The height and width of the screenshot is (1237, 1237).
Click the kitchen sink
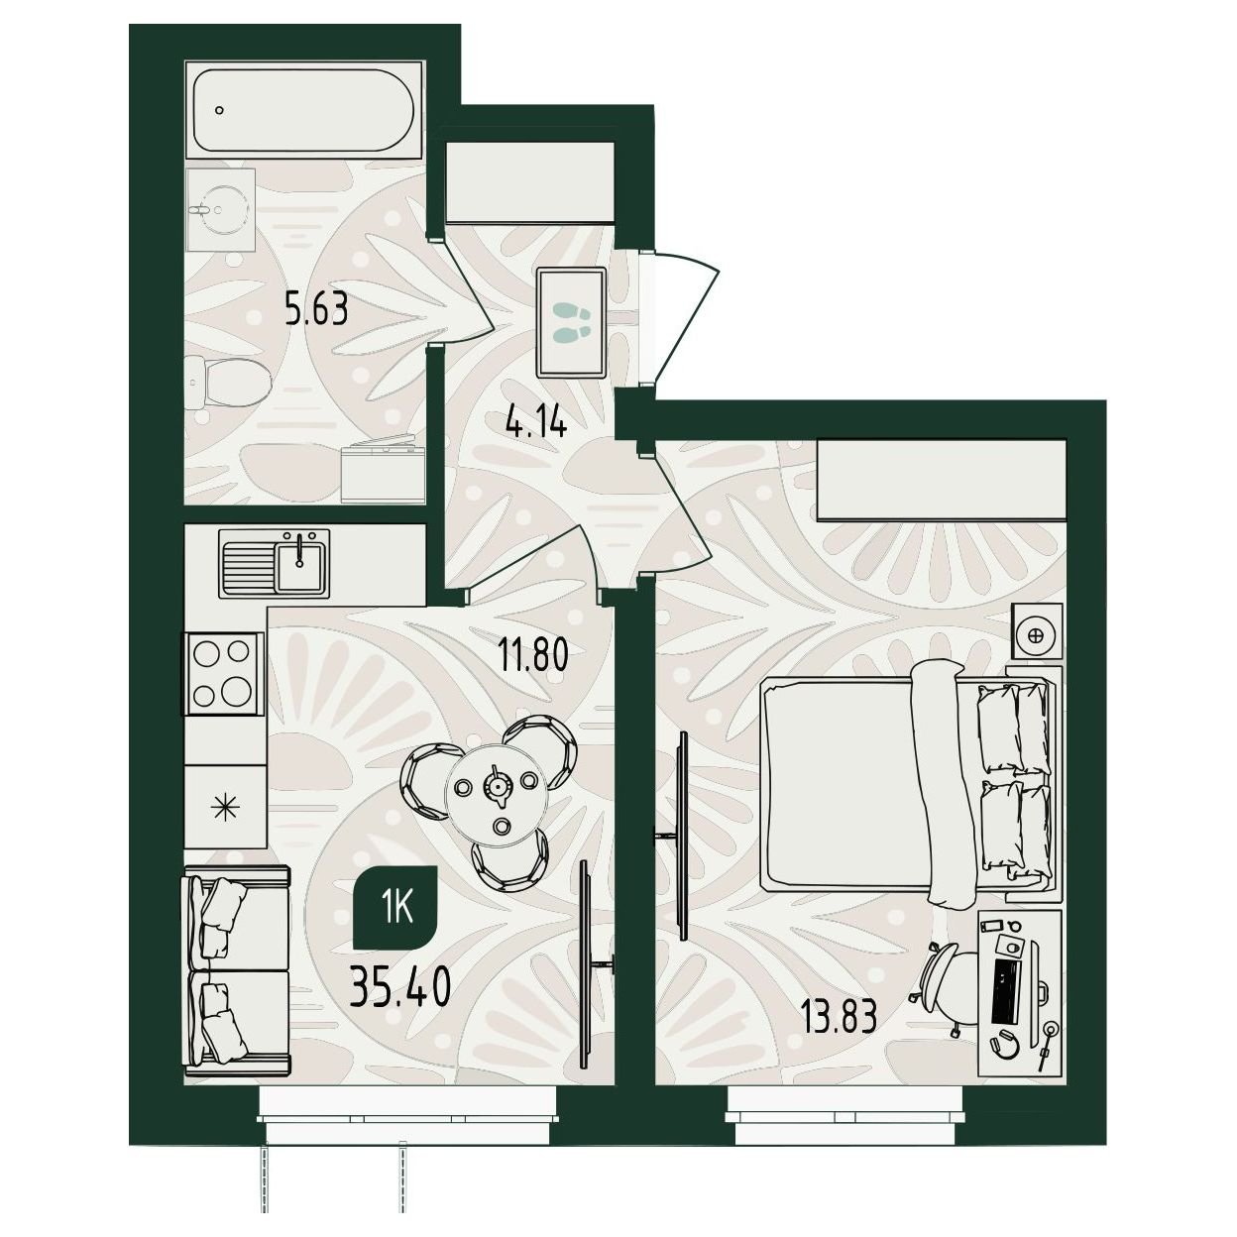[275, 563]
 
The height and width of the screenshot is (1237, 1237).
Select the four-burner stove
[224, 673]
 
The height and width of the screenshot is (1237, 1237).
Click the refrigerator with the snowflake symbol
[225, 806]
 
